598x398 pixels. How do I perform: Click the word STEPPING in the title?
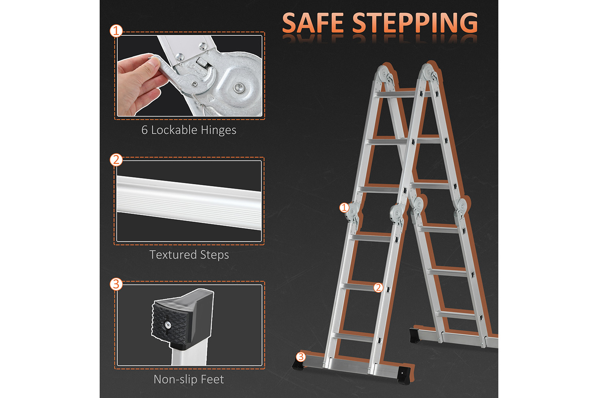[x=415, y=23]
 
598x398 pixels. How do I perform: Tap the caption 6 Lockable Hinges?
[x=189, y=130]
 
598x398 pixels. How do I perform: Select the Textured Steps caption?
[x=189, y=255]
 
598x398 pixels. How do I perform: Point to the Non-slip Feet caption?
[x=189, y=379]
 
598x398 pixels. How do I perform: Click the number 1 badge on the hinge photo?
[x=116, y=31]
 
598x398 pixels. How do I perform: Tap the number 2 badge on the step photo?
[x=116, y=160]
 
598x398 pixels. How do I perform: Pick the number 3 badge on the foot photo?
[x=116, y=284]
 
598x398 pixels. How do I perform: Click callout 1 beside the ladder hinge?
[x=344, y=207]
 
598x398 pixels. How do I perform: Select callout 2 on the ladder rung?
[x=378, y=287]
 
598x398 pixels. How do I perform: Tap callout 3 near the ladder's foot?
[x=301, y=357]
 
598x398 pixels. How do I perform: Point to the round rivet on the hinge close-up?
[x=238, y=87]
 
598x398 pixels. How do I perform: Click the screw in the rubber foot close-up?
[x=168, y=324]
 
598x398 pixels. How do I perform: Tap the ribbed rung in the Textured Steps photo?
[x=189, y=202]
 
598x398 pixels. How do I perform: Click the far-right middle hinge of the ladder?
[x=461, y=209]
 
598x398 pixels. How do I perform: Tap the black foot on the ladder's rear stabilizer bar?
[x=415, y=336]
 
